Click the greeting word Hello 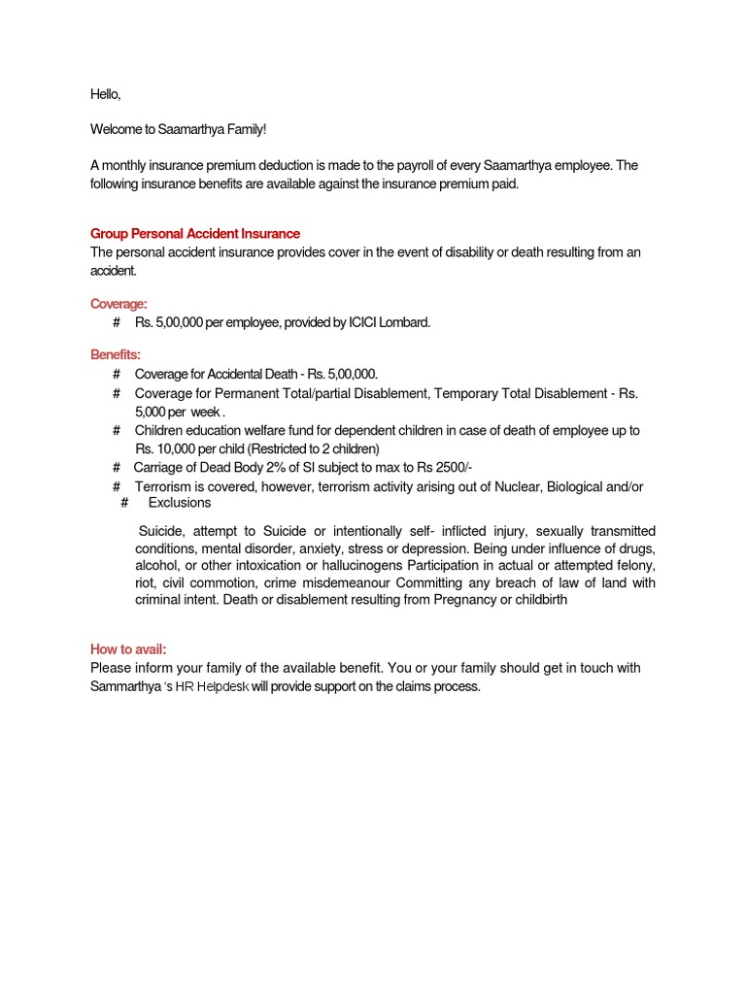[106, 94]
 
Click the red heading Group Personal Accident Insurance [195, 234]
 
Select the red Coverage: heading [119, 304]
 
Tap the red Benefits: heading [116, 355]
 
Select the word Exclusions [179, 503]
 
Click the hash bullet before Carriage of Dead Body [117, 466]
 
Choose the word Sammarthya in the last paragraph [125, 686]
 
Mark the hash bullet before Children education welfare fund [117, 430]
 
